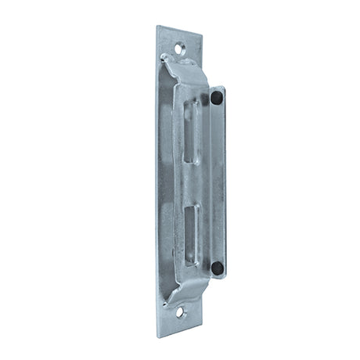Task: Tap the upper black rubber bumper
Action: click(x=216, y=98)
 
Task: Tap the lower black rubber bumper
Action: click(x=217, y=268)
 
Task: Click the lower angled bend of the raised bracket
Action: click(x=184, y=293)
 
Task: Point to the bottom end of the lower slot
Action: click(x=192, y=261)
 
